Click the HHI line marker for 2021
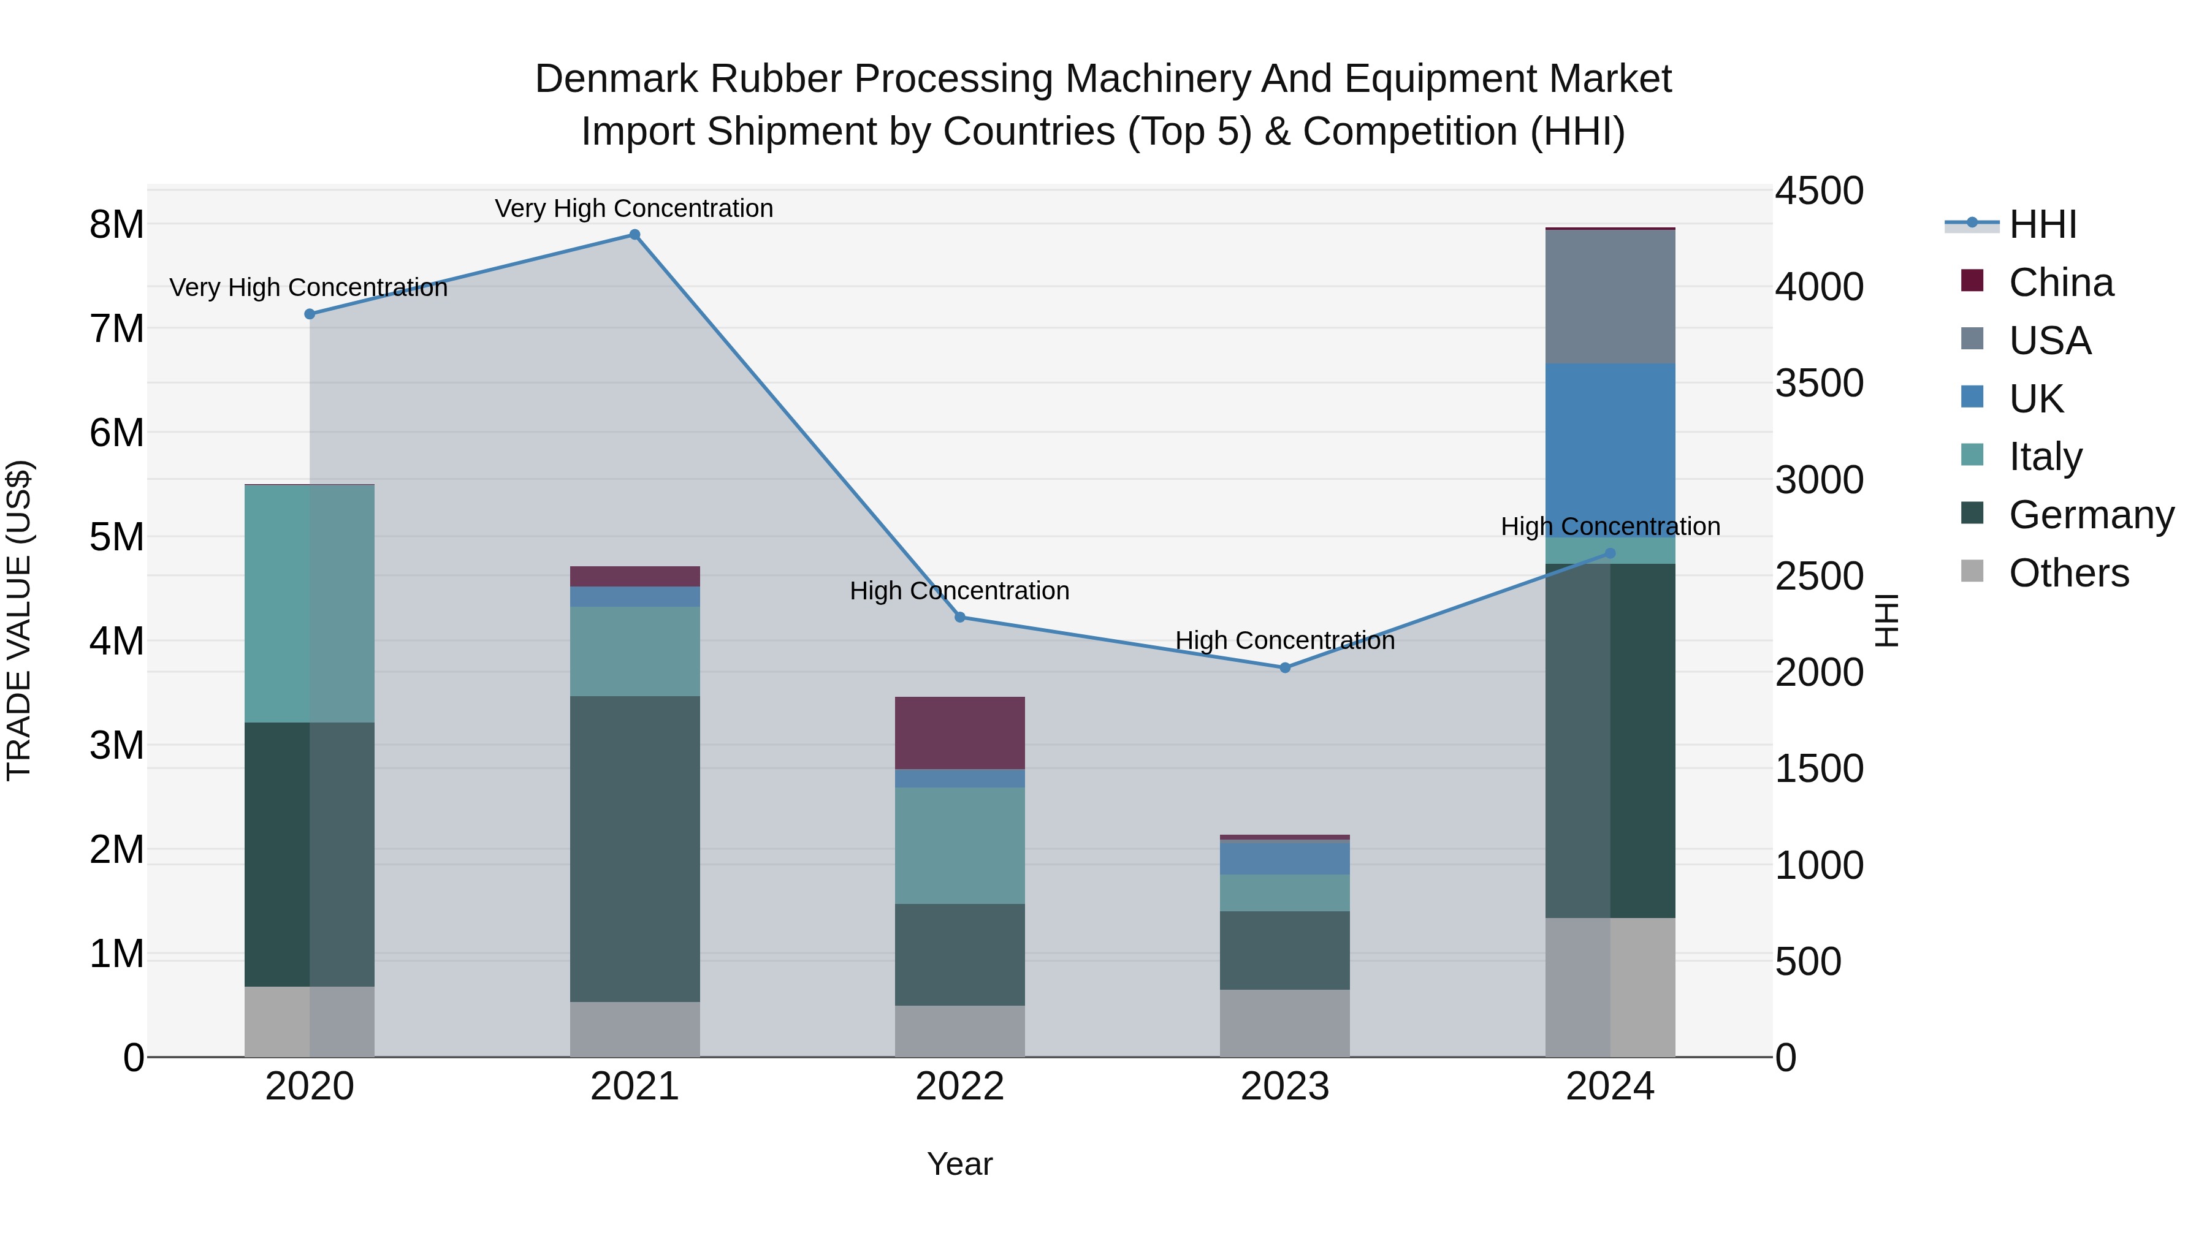(x=635, y=235)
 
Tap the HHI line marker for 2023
(x=1284, y=667)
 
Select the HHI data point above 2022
(x=959, y=617)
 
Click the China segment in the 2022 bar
(x=959, y=733)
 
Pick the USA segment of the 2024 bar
(x=1609, y=297)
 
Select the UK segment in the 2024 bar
(x=1609, y=437)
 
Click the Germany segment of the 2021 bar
(x=635, y=848)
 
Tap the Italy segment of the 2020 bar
(x=310, y=604)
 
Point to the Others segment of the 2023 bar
(x=1284, y=1023)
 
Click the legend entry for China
(x=2060, y=283)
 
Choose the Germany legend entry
(x=2091, y=515)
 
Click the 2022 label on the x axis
(x=959, y=1087)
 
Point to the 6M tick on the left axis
(x=117, y=433)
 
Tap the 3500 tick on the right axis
(x=1818, y=383)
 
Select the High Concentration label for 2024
(x=1609, y=526)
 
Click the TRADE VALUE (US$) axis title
(x=20, y=620)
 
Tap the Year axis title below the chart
(x=959, y=1164)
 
